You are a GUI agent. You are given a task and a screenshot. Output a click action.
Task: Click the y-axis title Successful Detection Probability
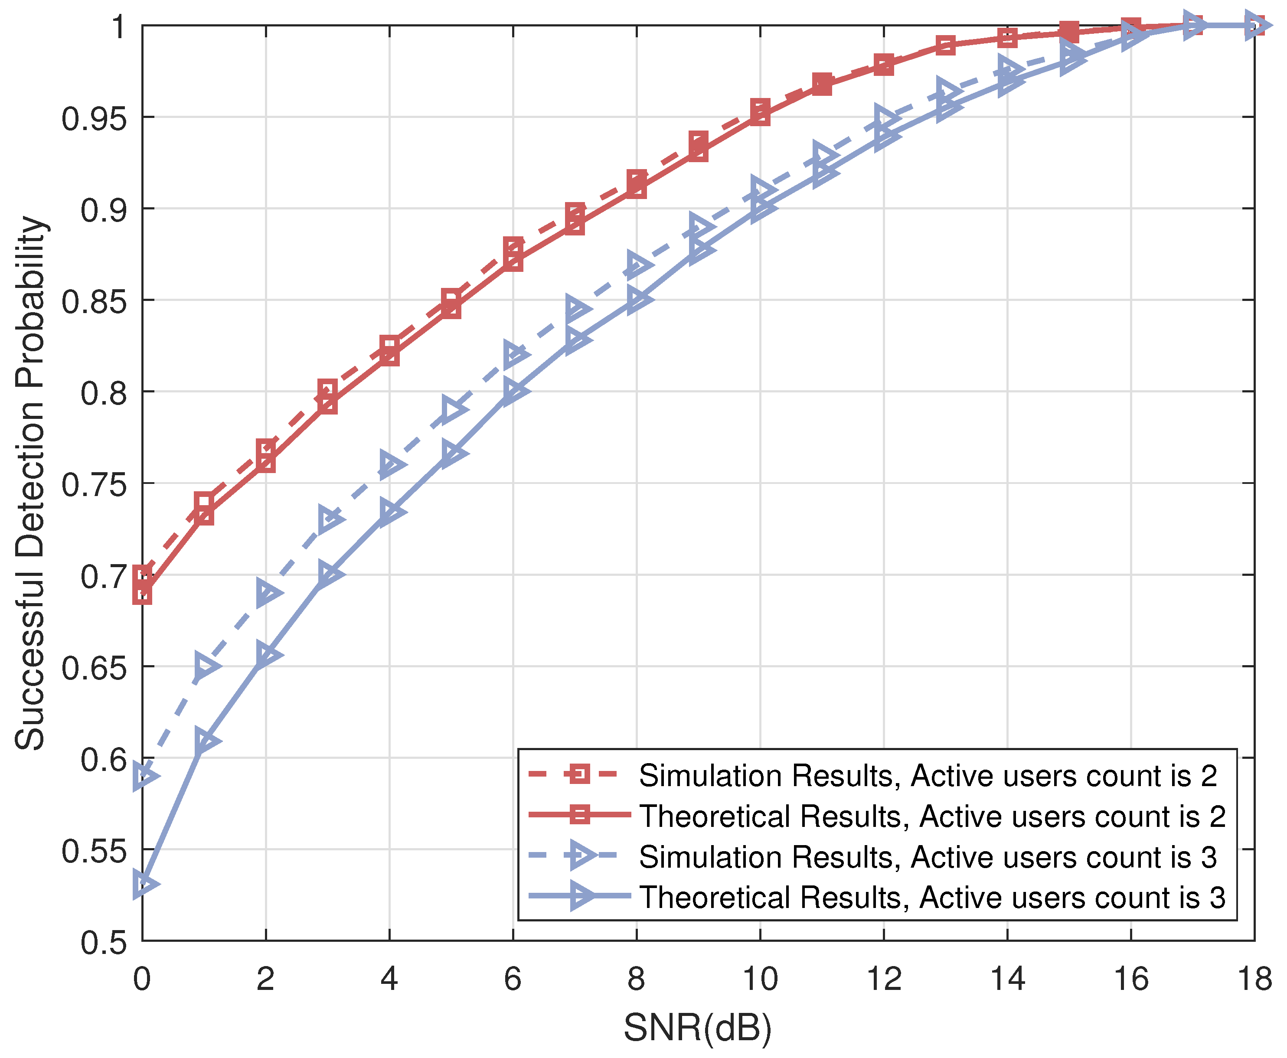(x=30, y=483)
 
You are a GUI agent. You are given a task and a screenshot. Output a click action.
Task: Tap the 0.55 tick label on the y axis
(x=95, y=851)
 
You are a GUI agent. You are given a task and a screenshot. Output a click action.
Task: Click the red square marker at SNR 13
(x=945, y=45)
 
